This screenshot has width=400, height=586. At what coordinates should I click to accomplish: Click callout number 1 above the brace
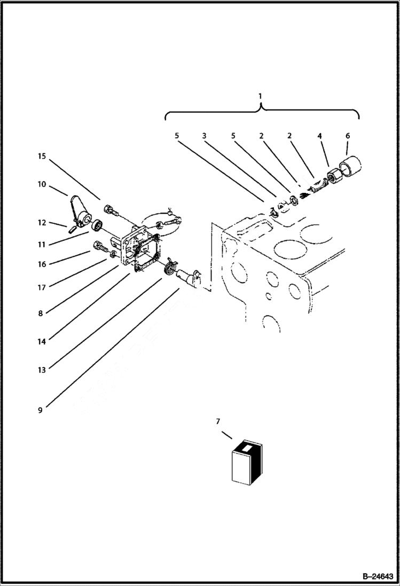pos(260,96)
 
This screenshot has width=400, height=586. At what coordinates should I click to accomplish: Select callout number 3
pos(203,136)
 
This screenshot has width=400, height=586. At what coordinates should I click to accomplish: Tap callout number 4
pos(319,136)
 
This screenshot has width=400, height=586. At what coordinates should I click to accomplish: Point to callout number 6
pos(347,136)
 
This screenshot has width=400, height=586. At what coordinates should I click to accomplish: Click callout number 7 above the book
pos(217,422)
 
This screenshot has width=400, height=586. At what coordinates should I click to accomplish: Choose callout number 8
pos(41,314)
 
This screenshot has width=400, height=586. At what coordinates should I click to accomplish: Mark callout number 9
pos(41,410)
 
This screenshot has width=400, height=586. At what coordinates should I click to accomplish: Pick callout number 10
pos(42,184)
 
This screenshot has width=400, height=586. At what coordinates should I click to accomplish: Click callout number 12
pos(42,223)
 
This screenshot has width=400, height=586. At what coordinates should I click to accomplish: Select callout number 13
pos(42,369)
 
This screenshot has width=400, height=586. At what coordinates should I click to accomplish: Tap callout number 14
pos(42,340)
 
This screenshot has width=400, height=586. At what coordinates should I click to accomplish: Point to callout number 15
pos(42,157)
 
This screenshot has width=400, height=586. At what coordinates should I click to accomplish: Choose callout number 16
pos(42,264)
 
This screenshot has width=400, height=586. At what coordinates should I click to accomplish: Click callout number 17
pos(42,287)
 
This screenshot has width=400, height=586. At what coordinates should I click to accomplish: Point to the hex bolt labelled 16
pos(100,247)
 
